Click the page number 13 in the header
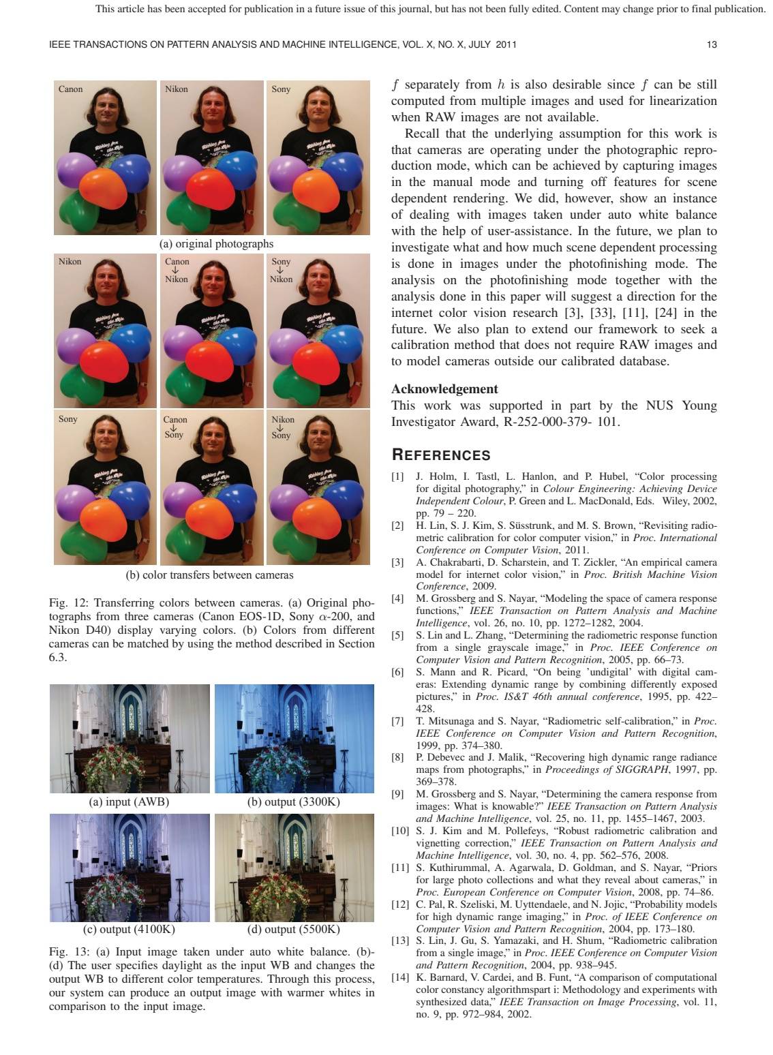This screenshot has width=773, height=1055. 712,45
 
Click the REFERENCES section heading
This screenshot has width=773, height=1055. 440,455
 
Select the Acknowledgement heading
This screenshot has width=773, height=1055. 444,389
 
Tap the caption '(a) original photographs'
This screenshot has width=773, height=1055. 216,243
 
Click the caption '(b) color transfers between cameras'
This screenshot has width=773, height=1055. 210,575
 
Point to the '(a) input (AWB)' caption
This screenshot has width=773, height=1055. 129,801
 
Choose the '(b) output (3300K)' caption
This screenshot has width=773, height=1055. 294,801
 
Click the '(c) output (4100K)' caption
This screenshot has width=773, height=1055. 129,930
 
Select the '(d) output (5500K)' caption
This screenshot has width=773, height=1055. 294,930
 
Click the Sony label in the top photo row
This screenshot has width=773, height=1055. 281,89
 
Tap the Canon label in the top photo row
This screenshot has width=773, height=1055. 71,89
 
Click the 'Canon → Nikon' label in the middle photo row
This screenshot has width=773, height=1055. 177,270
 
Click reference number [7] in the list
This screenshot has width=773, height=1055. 397,721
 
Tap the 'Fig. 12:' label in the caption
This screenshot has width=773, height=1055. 68,602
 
